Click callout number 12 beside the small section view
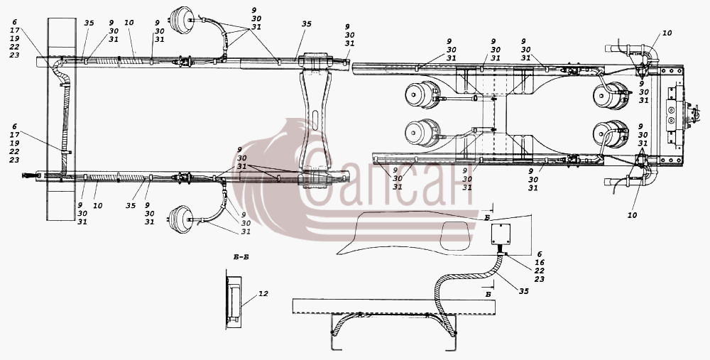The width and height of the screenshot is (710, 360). click(x=263, y=294)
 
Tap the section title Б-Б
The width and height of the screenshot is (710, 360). click(x=241, y=257)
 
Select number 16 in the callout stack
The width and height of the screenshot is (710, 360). click(x=540, y=263)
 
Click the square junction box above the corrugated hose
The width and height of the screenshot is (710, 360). click(x=501, y=234)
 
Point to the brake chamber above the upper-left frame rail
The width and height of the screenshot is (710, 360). click(x=182, y=20)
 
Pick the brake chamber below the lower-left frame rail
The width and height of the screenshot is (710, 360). click(x=180, y=219)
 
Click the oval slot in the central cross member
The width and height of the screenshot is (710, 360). click(x=315, y=119)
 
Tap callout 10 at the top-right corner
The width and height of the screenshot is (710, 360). click(x=667, y=33)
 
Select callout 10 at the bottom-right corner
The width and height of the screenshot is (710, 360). click(x=632, y=215)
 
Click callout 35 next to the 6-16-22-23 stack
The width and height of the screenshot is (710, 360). click(x=523, y=291)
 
